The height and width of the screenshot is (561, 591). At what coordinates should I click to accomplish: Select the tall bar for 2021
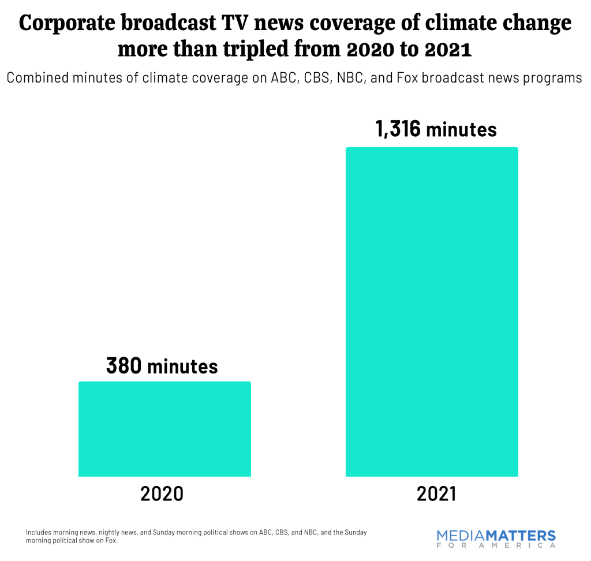(432, 312)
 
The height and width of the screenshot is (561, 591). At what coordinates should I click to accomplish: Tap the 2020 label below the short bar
(162, 494)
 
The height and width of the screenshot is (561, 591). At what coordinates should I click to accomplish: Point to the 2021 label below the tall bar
(431, 494)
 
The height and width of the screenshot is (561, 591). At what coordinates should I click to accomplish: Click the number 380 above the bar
(124, 366)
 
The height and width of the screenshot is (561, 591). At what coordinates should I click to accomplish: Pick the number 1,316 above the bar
(398, 129)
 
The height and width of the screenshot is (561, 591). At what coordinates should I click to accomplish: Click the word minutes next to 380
(182, 366)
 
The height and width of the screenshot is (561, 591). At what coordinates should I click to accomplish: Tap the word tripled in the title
(244, 49)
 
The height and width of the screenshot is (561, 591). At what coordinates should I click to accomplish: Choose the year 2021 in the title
(448, 49)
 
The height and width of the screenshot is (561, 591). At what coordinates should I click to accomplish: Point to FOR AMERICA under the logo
(496, 546)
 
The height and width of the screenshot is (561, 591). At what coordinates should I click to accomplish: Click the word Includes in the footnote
(38, 532)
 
